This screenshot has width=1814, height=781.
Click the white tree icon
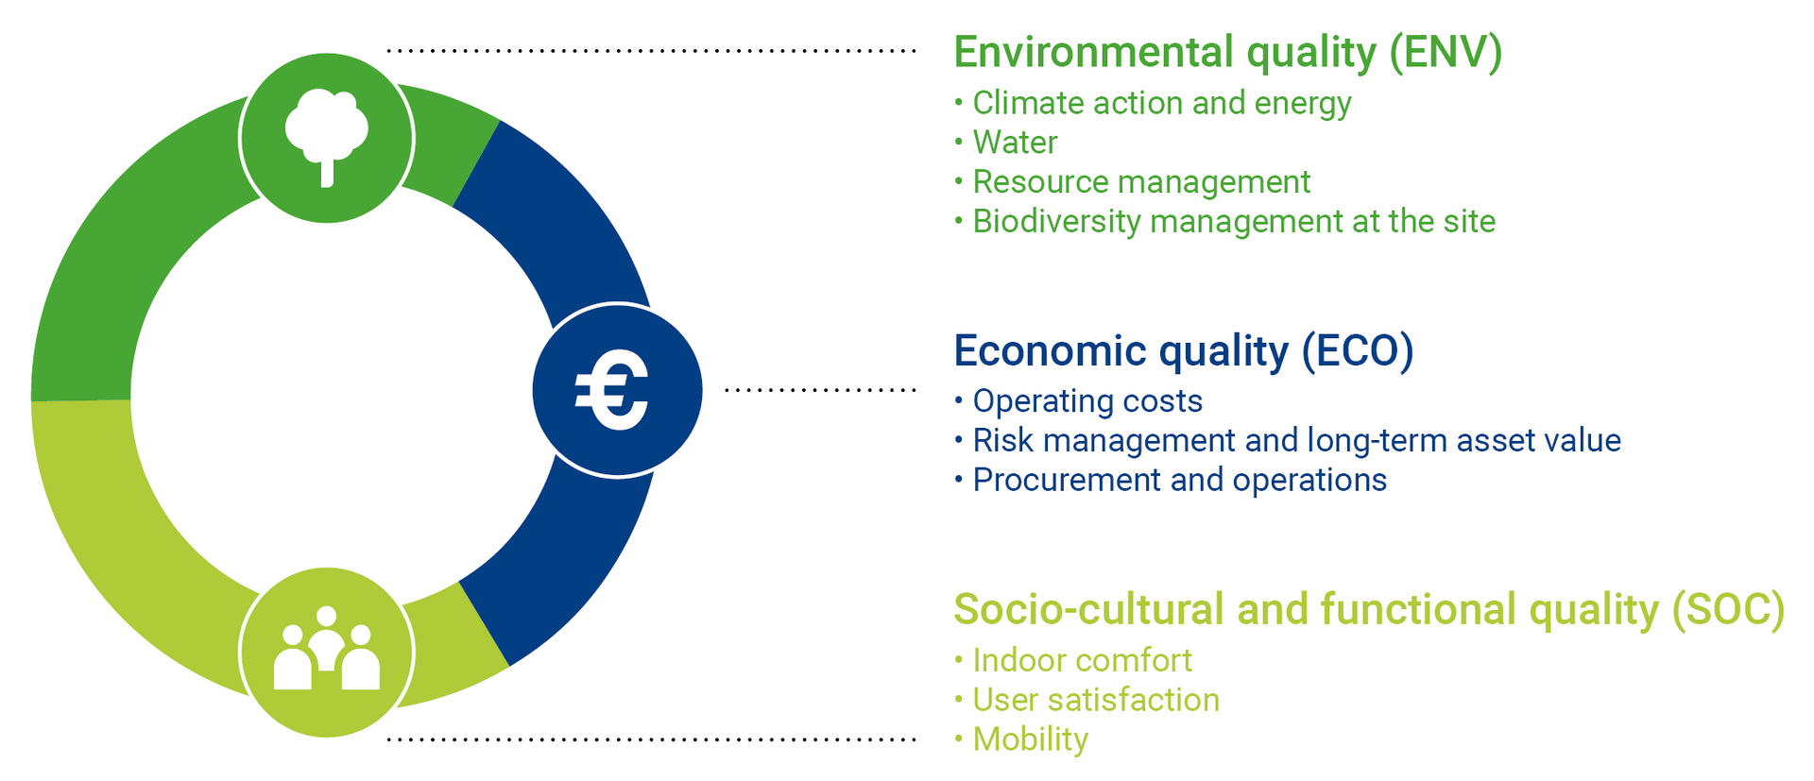[327, 138]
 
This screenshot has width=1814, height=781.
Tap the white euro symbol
[612, 390]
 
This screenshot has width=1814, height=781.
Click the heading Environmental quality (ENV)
[1227, 53]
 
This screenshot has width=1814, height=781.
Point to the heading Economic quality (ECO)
[1184, 351]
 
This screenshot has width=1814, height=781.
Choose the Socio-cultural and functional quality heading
[1369, 610]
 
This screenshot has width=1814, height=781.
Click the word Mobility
[1030, 739]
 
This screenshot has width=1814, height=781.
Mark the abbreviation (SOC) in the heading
[1728, 610]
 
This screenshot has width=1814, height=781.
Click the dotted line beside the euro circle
[820, 389]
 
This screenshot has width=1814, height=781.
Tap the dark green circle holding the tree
[327, 138]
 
